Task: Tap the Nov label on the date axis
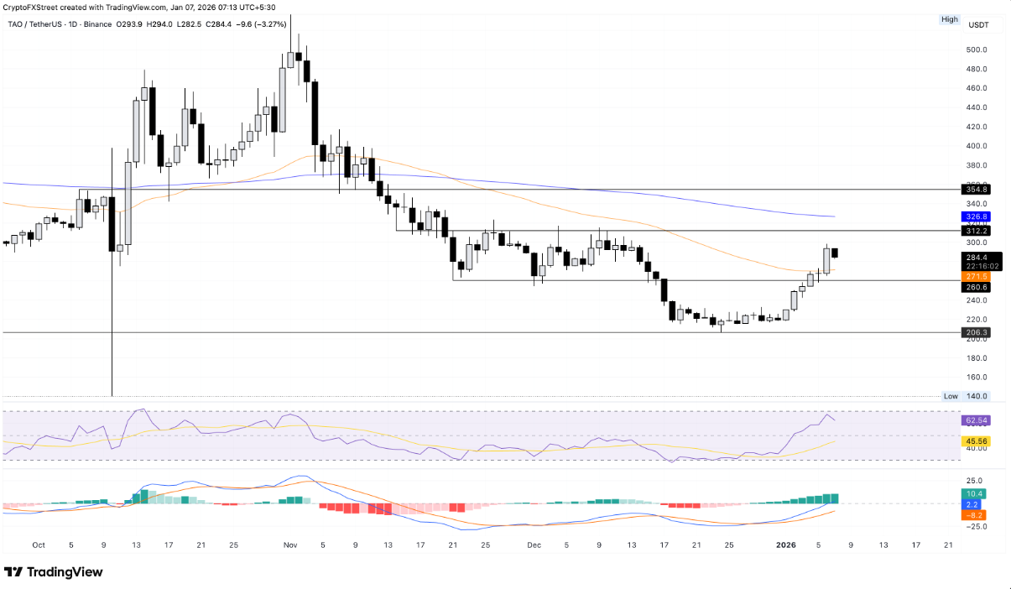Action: [290, 545]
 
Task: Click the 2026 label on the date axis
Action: [785, 545]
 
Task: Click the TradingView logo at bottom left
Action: [54, 572]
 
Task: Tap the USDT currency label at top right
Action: [978, 25]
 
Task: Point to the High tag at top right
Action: [949, 19]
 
